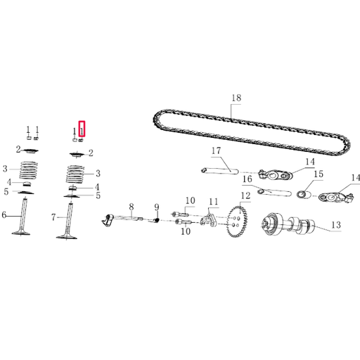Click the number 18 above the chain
(x=235, y=98)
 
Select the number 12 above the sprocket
(x=245, y=195)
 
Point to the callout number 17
(x=217, y=151)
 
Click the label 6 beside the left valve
(x=4, y=215)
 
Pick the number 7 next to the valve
(x=53, y=218)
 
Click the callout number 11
(x=213, y=202)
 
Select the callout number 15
(x=318, y=174)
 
